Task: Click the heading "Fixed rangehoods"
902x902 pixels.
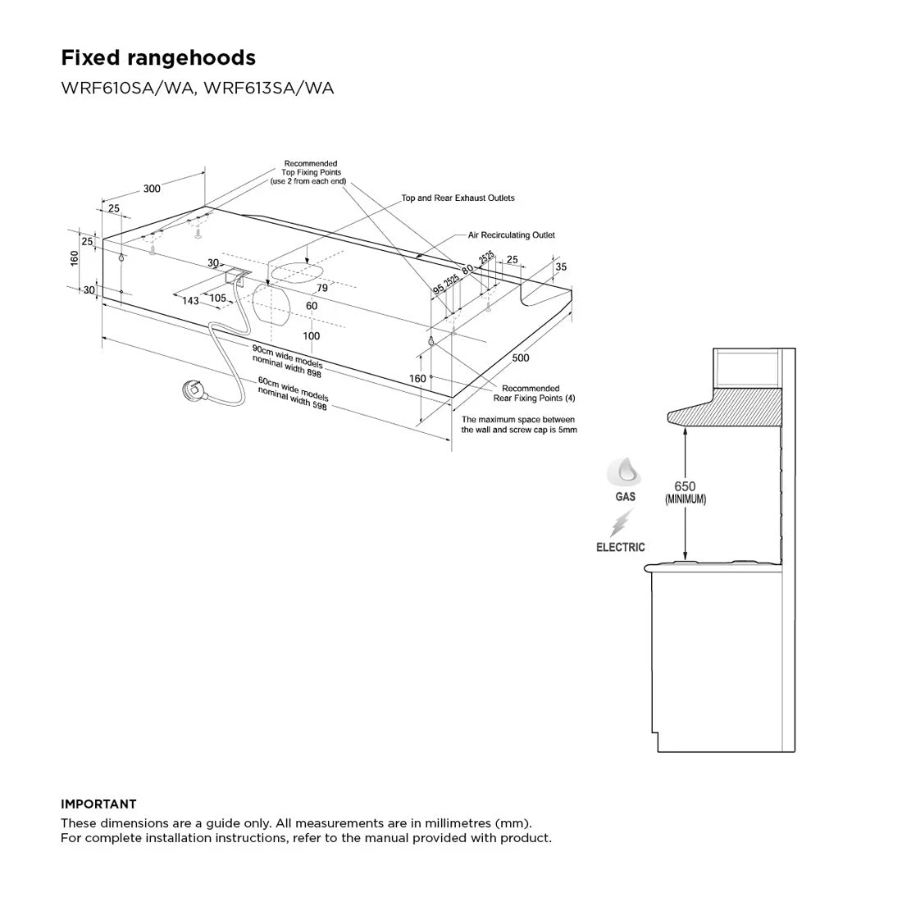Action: pyautogui.click(x=158, y=57)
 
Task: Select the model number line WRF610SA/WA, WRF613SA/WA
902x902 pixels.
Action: pyautogui.click(x=198, y=88)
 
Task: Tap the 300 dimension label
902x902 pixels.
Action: pyautogui.click(x=152, y=189)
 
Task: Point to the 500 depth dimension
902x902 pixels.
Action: pyautogui.click(x=520, y=358)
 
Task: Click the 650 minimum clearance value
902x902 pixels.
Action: pyautogui.click(x=685, y=486)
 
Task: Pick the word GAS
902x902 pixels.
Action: pyautogui.click(x=625, y=497)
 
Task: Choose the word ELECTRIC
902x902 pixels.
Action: pyautogui.click(x=621, y=547)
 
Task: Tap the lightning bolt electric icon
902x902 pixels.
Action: pyautogui.click(x=622, y=522)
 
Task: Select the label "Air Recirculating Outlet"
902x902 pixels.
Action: pyautogui.click(x=512, y=235)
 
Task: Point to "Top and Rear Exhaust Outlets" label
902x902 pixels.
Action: pyautogui.click(x=458, y=198)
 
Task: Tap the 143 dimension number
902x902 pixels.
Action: pyautogui.click(x=190, y=301)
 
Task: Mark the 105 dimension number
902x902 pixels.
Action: pyautogui.click(x=217, y=298)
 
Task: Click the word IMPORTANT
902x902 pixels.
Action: pyautogui.click(x=98, y=804)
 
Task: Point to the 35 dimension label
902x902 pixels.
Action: pyautogui.click(x=561, y=267)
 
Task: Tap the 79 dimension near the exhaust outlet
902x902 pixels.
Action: pyautogui.click(x=322, y=289)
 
